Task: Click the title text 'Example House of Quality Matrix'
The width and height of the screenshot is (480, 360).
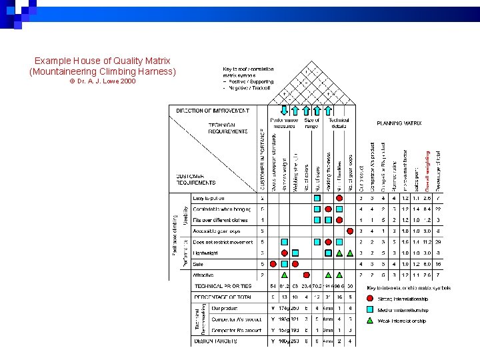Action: point(103,60)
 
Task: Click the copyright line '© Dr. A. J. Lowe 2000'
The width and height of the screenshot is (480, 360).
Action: point(102,81)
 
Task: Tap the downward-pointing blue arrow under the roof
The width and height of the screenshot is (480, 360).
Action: point(274,111)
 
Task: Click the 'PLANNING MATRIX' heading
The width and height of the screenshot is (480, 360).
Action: point(399,123)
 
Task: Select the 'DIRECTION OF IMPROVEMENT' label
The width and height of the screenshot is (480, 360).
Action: point(213,111)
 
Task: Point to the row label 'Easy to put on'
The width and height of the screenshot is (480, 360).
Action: point(209,198)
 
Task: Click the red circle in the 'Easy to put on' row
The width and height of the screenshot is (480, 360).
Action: point(339,198)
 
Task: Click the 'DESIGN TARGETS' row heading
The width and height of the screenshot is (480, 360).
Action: point(215,341)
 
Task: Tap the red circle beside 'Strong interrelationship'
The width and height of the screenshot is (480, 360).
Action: point(371,299)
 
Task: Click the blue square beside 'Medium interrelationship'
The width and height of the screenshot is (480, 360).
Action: point(371,310)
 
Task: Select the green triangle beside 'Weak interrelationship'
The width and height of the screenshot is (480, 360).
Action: point(371,321)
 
